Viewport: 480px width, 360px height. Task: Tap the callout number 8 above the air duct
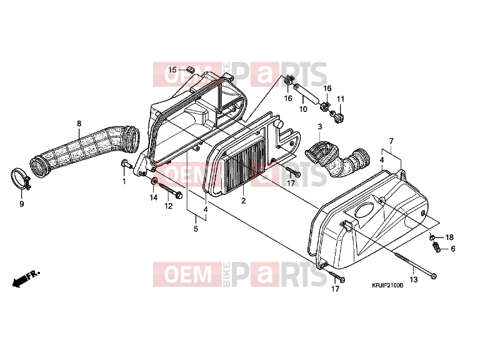point(79,124)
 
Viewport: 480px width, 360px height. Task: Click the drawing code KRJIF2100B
point(387,286)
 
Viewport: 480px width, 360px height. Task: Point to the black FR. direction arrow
point(26,278)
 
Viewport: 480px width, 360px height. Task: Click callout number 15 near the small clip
point(172,70)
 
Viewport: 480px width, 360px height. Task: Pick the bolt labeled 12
point(170,190)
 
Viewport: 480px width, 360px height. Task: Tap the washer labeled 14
point(154,181)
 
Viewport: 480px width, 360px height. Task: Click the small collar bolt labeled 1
point(126,164)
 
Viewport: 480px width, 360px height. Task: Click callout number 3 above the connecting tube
point(320,126)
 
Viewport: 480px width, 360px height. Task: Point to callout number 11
point(341,99)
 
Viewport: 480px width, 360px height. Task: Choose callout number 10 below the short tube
point(303,109)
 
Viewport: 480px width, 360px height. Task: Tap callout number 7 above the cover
point(391,141)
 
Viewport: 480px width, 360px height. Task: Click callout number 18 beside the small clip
point(449,237)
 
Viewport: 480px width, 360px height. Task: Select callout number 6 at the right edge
point(453,249)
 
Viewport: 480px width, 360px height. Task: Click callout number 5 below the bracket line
point(196,229)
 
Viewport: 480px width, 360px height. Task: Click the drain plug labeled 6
point(436,247)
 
